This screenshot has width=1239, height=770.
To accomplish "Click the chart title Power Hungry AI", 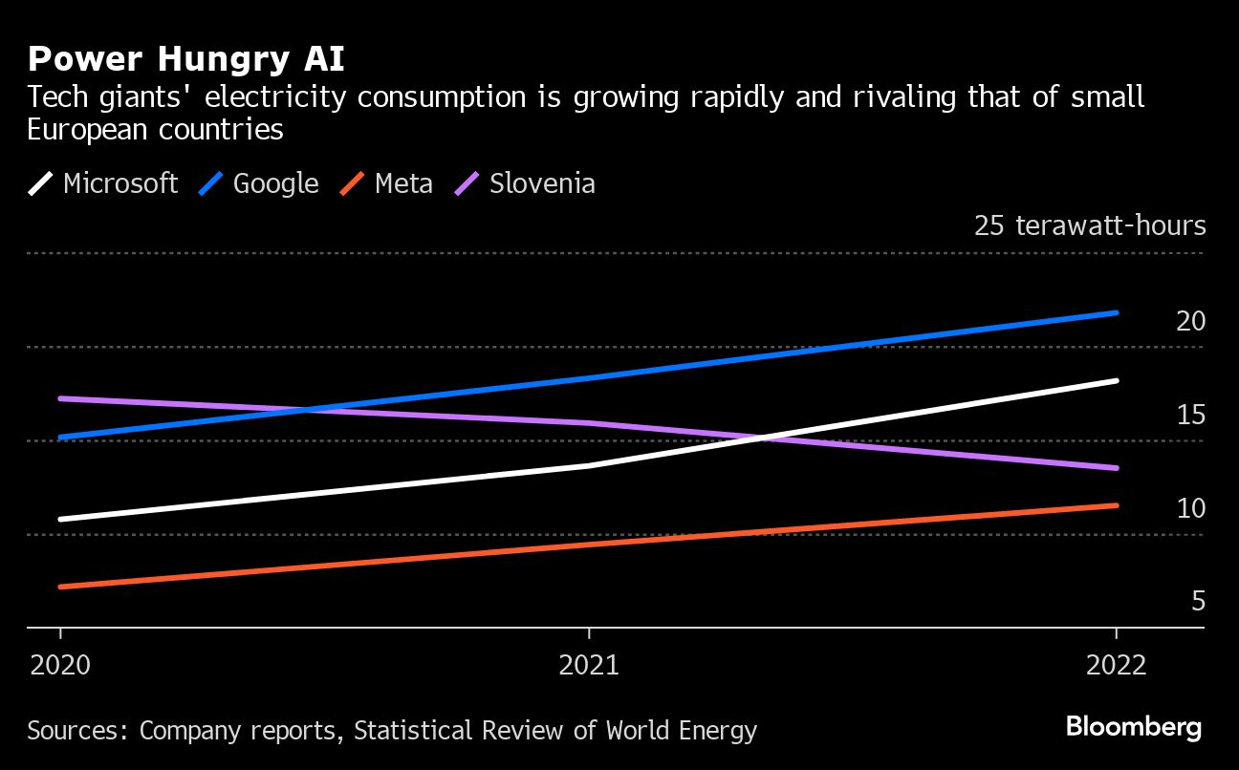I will coord(186,59).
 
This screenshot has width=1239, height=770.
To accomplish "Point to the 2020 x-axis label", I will coord(60,665).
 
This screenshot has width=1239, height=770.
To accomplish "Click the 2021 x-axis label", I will coord(589,665).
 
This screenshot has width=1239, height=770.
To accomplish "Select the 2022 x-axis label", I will coord(1116,665).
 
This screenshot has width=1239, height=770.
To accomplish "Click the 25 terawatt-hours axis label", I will coord(1090,225).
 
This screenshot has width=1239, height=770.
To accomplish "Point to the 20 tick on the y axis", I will coord(1190,321).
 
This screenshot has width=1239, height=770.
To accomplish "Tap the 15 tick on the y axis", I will coord(1190,415).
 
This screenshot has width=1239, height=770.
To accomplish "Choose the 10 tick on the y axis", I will coord(1190,508).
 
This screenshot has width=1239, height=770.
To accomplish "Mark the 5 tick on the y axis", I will coord(1198,602).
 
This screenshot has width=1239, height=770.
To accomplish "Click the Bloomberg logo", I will coord(1134,727).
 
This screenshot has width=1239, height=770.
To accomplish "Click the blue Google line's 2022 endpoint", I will coord(1116,312).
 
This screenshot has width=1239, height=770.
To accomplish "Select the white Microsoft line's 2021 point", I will coord(589,465).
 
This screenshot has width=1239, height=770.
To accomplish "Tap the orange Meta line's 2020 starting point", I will coord(61,587).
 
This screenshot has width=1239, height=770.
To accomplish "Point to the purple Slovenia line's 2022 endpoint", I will coord(1116,468).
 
